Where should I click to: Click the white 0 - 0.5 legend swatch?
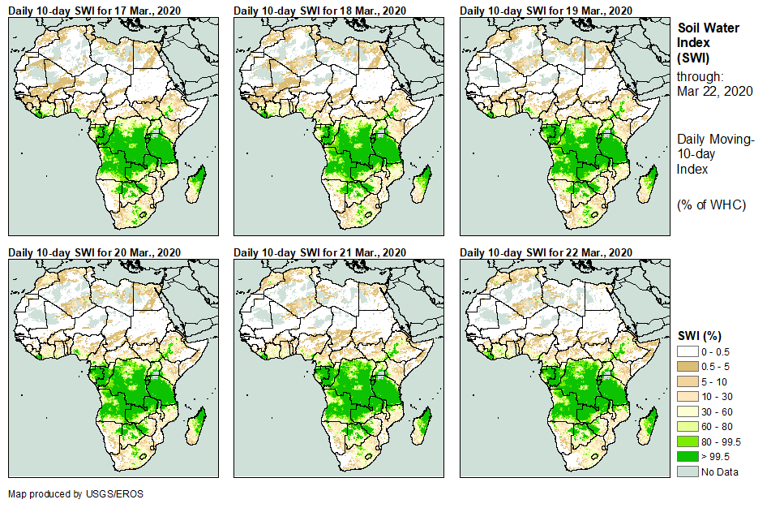coord(687,351)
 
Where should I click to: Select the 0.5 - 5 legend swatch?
coord(687,366)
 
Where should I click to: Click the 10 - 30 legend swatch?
coord(687,396)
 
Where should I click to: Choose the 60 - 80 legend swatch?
coord(687,426)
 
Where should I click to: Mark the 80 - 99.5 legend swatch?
coord(687,441)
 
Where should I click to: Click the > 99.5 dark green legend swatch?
coord(687,457)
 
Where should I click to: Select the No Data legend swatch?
coord(687,471)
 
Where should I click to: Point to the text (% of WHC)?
coord(711,204)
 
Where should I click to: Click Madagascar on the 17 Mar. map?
coord(196,183)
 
